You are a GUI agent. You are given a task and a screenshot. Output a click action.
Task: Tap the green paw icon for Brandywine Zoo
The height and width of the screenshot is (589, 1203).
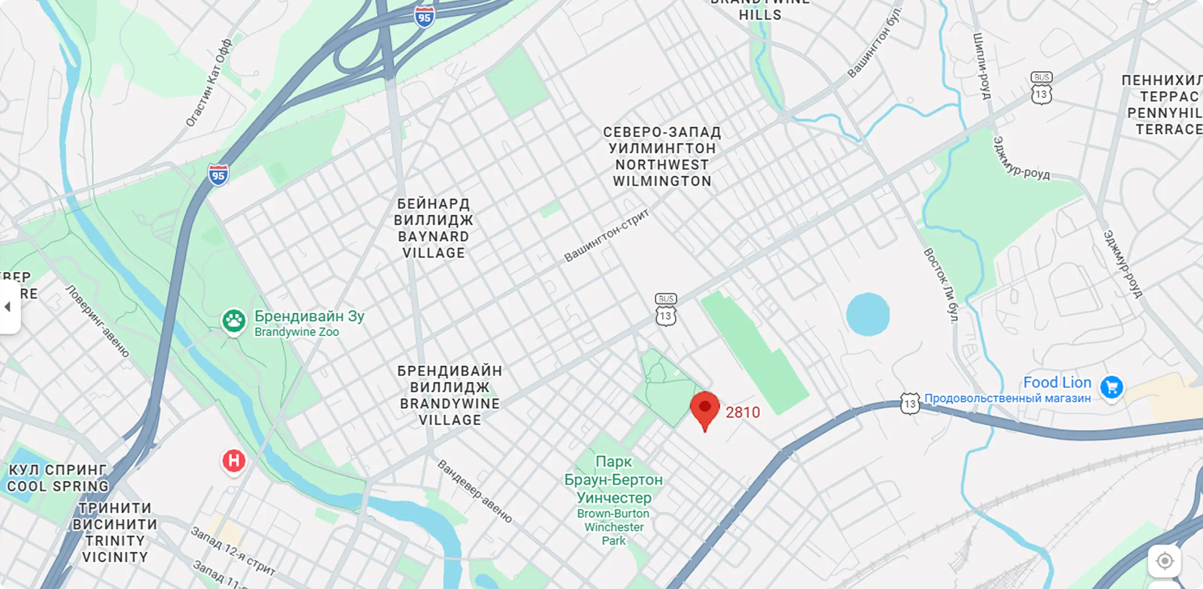click(234, 321)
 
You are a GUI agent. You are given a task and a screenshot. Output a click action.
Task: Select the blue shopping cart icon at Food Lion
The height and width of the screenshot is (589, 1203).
click(1111, 387)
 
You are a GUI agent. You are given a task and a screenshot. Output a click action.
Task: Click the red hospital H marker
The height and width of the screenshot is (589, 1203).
click(234, 461)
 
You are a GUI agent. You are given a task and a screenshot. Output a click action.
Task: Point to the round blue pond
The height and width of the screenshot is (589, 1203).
click(868, 314)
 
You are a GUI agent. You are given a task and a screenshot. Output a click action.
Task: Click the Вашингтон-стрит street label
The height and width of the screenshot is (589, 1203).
click(606, 236)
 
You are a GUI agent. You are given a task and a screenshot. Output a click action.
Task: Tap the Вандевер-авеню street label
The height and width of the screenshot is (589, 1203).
click(474, 491)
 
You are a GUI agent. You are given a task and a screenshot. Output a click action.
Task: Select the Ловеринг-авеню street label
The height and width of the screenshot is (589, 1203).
click(98, 321)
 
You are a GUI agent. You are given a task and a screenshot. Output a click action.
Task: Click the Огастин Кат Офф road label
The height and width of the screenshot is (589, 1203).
click(209, 83)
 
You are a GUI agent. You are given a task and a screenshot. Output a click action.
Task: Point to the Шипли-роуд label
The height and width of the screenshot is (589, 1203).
click(981, 66)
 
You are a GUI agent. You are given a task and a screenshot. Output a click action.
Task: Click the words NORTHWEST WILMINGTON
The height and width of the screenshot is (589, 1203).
click(662, 173)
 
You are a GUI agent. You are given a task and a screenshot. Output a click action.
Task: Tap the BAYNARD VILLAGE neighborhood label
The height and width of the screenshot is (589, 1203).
click(433, 244)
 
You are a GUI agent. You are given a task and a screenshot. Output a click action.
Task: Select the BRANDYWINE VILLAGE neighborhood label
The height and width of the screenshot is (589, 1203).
click(450, 412)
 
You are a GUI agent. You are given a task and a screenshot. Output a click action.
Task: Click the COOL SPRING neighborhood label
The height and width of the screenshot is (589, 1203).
click(58, 486)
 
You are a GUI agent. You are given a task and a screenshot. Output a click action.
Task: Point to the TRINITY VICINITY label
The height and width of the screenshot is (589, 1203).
click(115, 549)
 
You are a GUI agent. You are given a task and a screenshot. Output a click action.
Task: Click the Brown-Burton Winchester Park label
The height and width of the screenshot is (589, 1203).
click(613, 527)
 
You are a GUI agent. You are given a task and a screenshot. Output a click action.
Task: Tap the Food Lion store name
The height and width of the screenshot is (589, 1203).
click(1057, 382)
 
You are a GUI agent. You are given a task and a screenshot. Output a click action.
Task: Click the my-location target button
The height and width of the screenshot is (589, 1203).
click(1164, 560)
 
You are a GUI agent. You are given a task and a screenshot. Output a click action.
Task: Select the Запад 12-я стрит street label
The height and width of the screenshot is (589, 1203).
click(233, 551)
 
